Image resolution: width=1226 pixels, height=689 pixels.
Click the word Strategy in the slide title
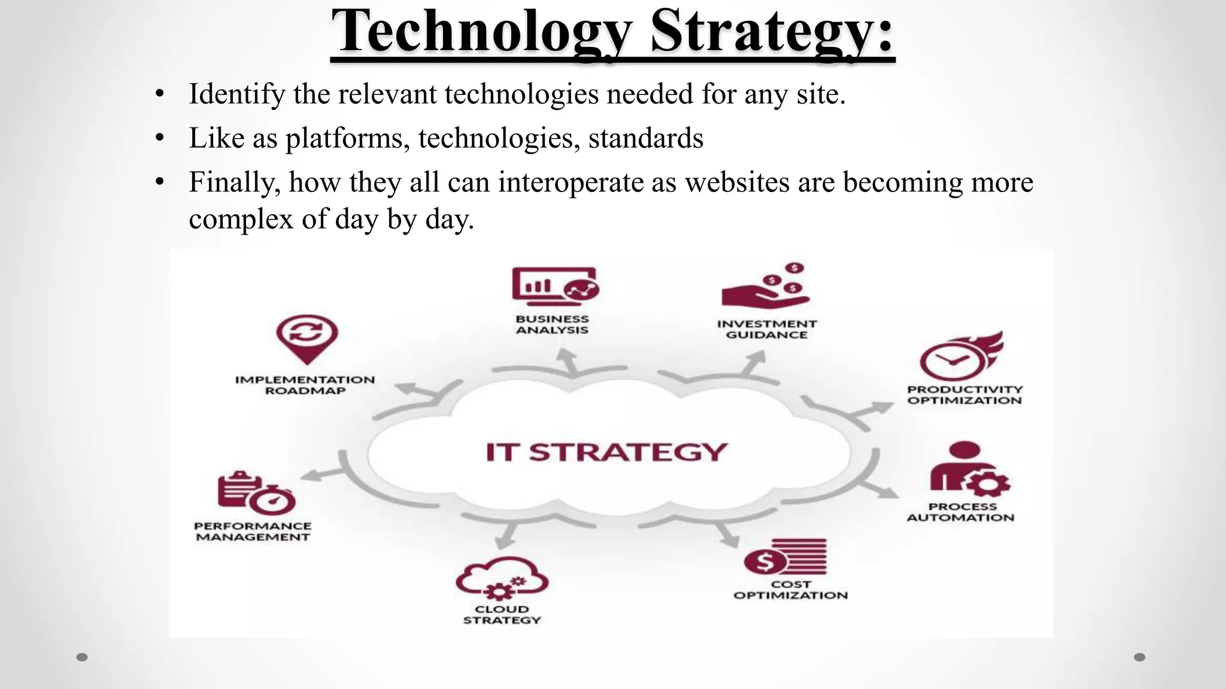point(772,31)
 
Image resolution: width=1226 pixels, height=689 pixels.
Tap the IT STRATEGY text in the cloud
point(606,452)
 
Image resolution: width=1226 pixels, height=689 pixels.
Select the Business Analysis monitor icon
point(555,285)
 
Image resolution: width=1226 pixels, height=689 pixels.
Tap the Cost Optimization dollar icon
point(784,557)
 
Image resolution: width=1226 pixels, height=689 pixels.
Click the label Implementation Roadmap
point(305,385)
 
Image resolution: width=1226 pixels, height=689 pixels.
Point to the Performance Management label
point(253,532)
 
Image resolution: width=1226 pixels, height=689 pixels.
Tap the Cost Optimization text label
point(790,590)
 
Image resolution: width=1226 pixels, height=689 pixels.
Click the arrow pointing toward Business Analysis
point(566,361)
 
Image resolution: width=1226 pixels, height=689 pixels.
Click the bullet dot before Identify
point(159,94)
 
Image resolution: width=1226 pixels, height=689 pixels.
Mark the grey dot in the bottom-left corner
point(82,657)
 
